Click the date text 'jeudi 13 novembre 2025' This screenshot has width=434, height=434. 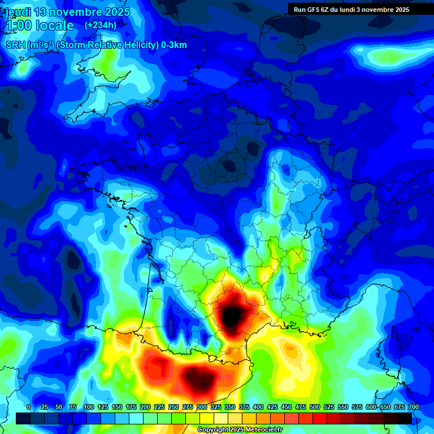(67, 12)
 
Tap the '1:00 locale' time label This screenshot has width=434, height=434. (40, 25)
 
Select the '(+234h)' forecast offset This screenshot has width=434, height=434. (101, 25)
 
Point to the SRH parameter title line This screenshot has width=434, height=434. (96, 45)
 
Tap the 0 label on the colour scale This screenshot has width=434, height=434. (28, 407)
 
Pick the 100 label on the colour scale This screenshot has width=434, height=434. (89, 407)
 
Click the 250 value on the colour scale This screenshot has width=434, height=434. (173, 407)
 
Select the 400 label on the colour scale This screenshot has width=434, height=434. (258, 407)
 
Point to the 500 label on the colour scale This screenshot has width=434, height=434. (315, 407)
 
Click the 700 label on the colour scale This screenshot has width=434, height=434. (414, 407)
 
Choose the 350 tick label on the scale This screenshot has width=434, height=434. (230, 407)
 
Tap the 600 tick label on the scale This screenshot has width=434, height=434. (371, 407)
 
